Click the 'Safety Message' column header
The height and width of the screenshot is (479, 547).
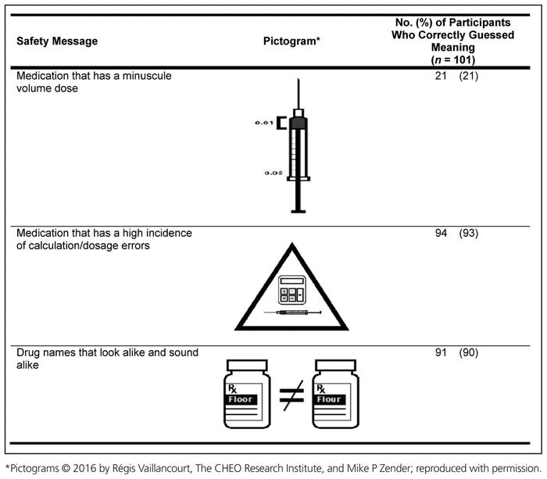(58, 41)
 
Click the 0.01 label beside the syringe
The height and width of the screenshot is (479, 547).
(265, 123)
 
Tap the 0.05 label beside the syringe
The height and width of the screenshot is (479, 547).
(271, 173)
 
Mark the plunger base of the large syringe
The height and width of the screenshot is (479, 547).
(297, 209)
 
